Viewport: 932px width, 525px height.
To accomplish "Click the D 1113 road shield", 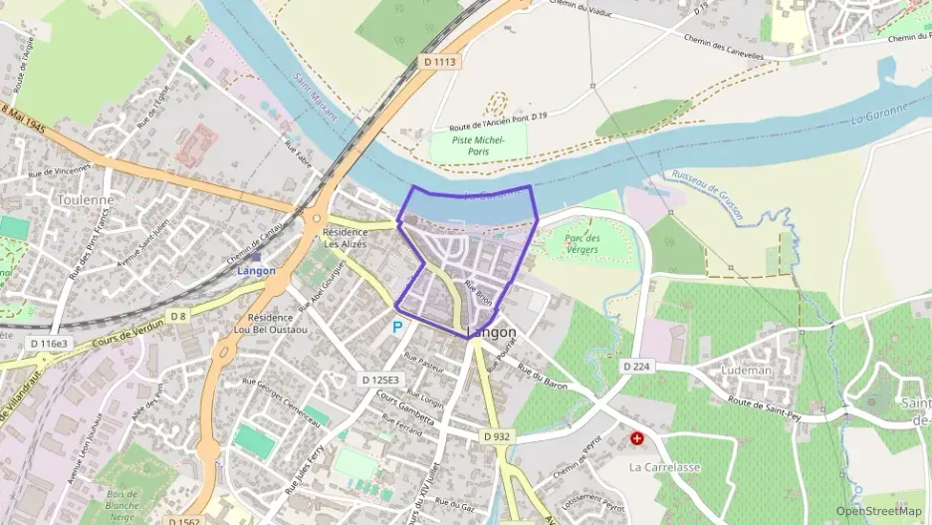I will click(439, 62).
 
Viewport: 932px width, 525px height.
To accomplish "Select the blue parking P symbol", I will click(397, 326).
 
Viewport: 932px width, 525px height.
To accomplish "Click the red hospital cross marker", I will click(637, 438).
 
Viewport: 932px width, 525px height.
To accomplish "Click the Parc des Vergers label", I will click(582, 244).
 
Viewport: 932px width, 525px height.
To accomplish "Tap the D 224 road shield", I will click(637, 367).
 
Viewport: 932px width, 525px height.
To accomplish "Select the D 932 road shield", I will click(496, 436).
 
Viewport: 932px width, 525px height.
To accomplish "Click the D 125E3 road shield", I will click(379, 380).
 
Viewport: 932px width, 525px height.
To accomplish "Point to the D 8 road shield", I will click(178, 316).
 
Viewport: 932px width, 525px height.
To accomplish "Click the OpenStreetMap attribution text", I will click(878, 511).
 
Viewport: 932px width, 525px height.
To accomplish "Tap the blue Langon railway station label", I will click(256, 270).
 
